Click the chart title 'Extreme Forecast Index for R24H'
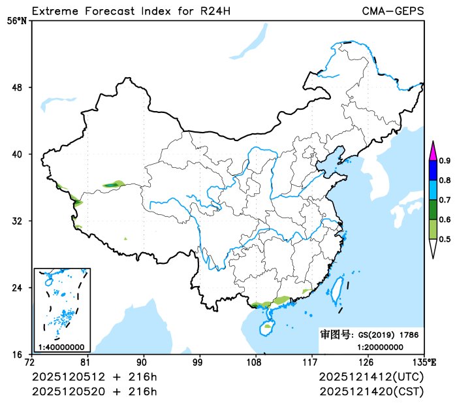point(131,11)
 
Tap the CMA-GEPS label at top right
point(392,11)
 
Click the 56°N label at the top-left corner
point(17,20)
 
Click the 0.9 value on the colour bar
point(445,161)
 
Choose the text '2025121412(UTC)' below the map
point(371,378)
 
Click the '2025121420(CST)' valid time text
point(371,391)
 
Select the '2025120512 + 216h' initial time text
point(94,378)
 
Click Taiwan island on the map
point(338,291)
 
